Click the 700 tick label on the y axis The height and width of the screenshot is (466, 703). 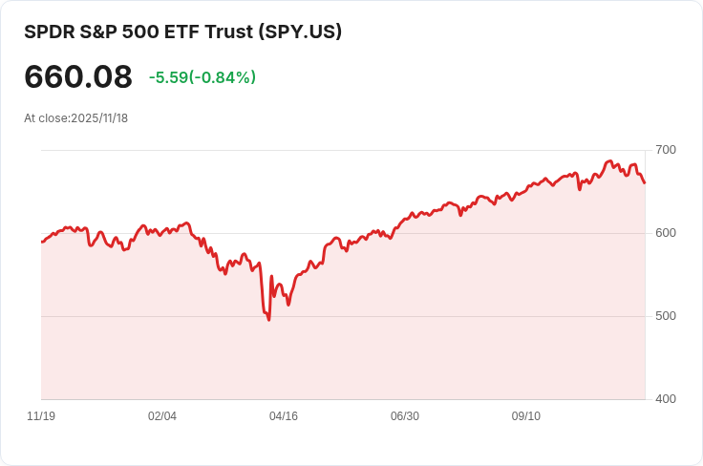tap(666, 150)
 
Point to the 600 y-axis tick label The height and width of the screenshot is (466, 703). tap(666, 233)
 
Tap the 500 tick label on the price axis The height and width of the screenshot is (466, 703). tap(666, 316)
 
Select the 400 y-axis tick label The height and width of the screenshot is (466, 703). tap(666, 399)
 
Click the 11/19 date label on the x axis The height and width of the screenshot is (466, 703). tap(41, 416)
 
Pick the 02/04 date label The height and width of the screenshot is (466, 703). tap(162, 416)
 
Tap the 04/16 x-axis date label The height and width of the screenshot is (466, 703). tap(284, 416)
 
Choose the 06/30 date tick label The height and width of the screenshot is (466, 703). tap(405, 416)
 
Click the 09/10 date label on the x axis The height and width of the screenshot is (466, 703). tap(526, 416)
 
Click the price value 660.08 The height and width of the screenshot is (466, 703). tap(78, 77)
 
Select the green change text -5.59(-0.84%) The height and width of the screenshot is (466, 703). tap(202, 77)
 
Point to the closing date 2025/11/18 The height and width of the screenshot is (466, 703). tap(99, 118)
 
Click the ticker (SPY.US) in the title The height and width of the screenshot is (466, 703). tap(300, 32)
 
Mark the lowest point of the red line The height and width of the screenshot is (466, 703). tap(268, 320)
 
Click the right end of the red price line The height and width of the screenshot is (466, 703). tap(645, 182)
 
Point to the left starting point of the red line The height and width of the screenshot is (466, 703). tap(41, 242)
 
